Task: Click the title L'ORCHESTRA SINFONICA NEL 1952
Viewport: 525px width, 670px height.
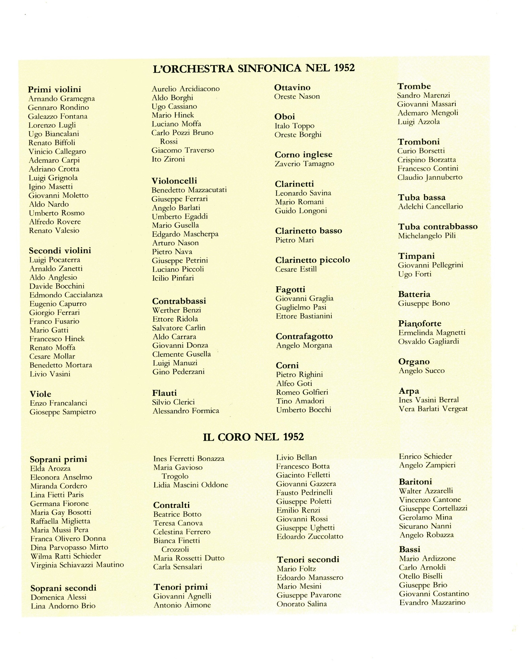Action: [254, 68]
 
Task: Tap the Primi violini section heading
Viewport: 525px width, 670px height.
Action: [54, 89]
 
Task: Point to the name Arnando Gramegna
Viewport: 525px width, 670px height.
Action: [61, 99]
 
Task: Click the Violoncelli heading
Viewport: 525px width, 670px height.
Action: [174, 181]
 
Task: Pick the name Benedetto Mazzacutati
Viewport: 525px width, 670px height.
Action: [189, 190]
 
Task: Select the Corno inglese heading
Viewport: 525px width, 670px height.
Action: [303, 154]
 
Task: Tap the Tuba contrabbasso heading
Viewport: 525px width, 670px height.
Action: [438, 227]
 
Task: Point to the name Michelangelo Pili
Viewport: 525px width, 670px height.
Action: [427, 236]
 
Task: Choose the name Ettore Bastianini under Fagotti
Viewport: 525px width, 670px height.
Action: [304, 316]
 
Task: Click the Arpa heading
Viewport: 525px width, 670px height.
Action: [409, 391]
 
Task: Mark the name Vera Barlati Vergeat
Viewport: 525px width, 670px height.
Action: [433, 409]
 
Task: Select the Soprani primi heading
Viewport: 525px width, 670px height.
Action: [58, 459]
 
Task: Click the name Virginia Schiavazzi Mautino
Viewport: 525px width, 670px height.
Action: [77, 565]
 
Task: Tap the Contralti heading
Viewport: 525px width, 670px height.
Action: [172, 505]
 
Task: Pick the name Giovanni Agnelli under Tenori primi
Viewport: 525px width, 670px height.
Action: [182, 596]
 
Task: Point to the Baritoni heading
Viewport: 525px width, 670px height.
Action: [415, 482]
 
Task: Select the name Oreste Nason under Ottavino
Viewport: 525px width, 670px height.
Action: [297, 97]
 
